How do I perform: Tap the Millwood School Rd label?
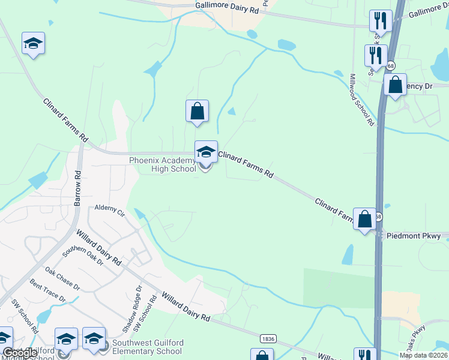tap(362, 100)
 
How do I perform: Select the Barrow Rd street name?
tap(77, 188)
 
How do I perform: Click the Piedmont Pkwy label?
tap(414, 236)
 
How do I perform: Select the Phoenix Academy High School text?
tap(163, 164)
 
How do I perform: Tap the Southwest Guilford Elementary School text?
tap(147, 347)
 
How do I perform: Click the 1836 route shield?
tap(268, 339)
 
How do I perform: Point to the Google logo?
tap(19, 353)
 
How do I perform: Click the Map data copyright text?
tap(423, 355)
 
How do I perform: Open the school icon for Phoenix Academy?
tap(205, 153)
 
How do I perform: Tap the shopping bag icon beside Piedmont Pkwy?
tap(364, 220)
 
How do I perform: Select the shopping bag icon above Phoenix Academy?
tap(197, 112)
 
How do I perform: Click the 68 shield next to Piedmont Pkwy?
tap(378, 216)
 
